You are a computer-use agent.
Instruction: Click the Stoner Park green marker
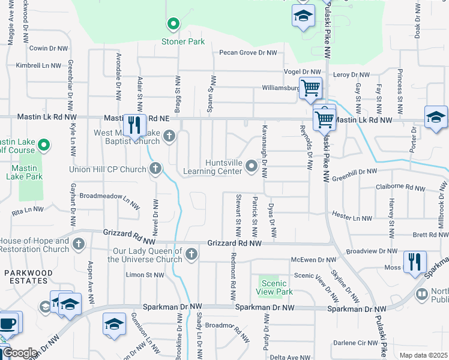pos(173,25)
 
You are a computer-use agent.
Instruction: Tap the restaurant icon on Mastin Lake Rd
pos(135,126)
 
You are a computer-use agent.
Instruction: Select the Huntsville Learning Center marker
pos(252,166)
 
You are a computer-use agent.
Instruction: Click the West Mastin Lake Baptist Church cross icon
pos(169,137)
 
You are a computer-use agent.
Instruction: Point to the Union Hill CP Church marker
pos(155,168)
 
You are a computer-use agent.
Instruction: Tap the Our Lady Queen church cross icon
pos(191,254)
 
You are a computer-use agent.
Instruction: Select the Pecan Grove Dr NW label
pos(247,53)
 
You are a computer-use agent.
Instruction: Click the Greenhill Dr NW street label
pos(355,171)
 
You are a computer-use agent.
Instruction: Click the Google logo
pos(20,353)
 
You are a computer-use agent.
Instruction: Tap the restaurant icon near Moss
pos(415,262)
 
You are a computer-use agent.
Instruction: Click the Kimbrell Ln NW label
pos(38,65)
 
